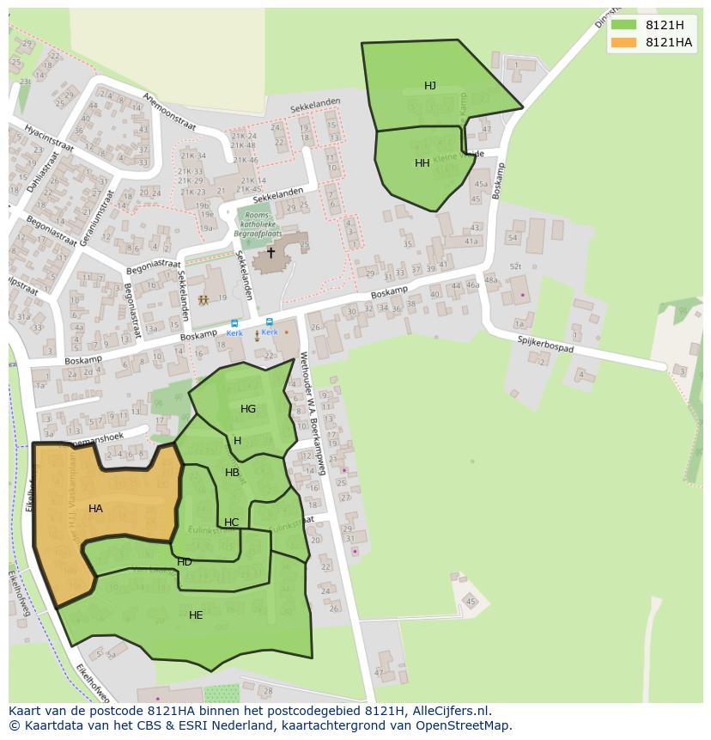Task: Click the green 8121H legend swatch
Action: click(x=623, y=25)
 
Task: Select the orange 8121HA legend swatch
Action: click(x=623, y=42)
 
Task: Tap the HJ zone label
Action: click(x=430, y=86)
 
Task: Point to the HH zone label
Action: click(x=422, y=163)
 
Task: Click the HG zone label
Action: click(x=248, y=409)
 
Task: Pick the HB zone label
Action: click(x=233, y=473)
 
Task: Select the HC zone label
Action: click(x=232, y=523)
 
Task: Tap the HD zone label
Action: click(x=185, y=562)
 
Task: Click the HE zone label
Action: click(x=196, y=615)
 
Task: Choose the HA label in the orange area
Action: click(x=95, y=509)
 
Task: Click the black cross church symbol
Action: click(x=270, y=253)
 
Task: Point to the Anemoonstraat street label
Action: click(x=170, y=112)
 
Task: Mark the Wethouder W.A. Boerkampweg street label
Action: click(x=311, y=413)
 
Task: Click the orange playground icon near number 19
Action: click(x=204, y=301)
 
